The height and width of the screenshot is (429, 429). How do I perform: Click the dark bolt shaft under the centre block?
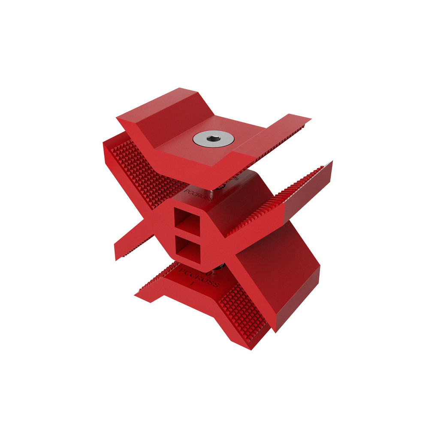(x=221, y=267)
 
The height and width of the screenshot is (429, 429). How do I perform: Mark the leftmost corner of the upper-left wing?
(x=104, y=144)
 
